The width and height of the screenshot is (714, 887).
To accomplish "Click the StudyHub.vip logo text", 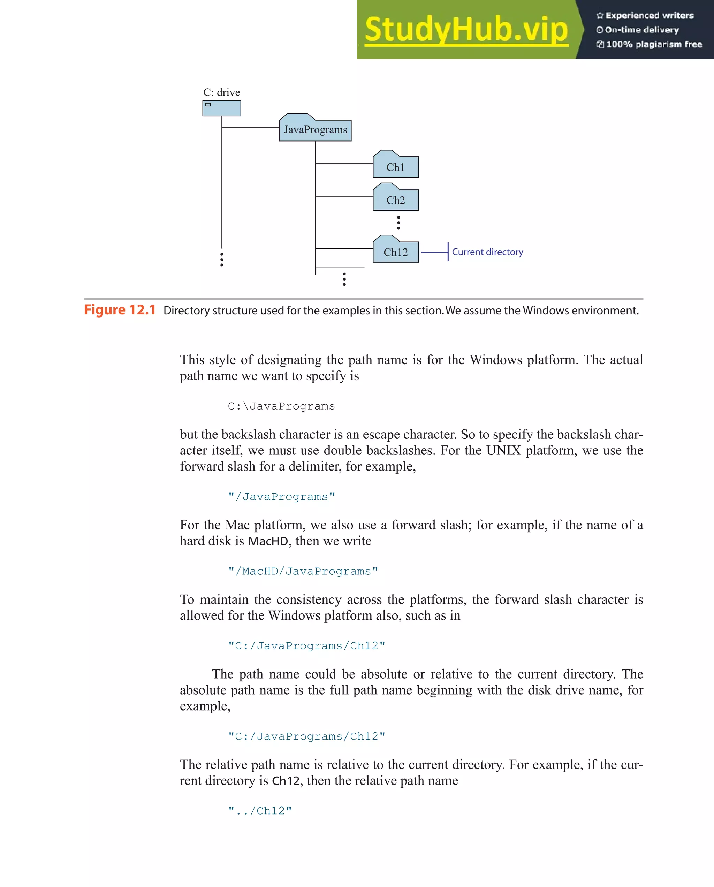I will (466, 30).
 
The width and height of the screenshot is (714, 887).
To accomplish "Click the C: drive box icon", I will (221, 108).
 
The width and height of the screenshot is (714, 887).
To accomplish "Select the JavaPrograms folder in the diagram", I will (315, 130).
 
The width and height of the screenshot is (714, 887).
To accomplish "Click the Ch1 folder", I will (395, 167).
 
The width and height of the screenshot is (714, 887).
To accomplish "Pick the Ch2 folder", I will (395, 200).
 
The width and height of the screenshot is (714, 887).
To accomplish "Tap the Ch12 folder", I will (395, 251).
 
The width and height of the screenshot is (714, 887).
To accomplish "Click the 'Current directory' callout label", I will (487, 252).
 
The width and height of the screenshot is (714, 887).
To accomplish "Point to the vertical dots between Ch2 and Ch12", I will (398, 223).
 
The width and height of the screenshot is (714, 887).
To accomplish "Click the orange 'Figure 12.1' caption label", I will (120, 310).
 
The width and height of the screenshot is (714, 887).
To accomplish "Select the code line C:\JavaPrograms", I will (281, 406).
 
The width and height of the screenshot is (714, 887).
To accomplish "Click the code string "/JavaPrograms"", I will (281, 497).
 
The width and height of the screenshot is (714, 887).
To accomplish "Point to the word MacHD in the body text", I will (268, 541).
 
